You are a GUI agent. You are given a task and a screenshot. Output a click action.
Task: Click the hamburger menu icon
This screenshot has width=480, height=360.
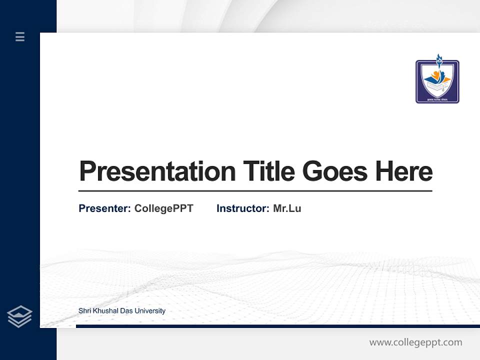click(20, 36)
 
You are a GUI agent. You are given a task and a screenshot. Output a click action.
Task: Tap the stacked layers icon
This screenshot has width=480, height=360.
click(19, 316)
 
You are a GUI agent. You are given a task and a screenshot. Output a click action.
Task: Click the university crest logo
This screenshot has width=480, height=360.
click(437, 81)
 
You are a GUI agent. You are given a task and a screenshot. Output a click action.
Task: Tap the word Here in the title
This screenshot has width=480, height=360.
click(403, 171)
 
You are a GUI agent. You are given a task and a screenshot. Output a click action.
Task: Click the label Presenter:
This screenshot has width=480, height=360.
click(104, 208)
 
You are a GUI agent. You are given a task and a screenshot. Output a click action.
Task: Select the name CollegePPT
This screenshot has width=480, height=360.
click(163, 208)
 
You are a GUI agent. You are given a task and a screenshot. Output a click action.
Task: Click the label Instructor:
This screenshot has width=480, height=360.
click(242, 208)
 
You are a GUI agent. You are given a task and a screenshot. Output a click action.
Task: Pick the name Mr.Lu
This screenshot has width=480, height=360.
click(287, 208)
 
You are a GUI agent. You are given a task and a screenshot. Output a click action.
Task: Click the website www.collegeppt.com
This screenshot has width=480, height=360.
click(415, 342)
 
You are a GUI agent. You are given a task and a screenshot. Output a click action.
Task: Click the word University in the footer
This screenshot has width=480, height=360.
click(149, 311)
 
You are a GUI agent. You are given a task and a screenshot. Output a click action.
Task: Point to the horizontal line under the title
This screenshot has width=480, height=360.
click(255, 191)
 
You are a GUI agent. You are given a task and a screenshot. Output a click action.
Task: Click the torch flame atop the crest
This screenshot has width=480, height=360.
click(439, 58)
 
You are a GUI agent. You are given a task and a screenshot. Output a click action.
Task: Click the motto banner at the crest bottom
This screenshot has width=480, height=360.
click(437, 99)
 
